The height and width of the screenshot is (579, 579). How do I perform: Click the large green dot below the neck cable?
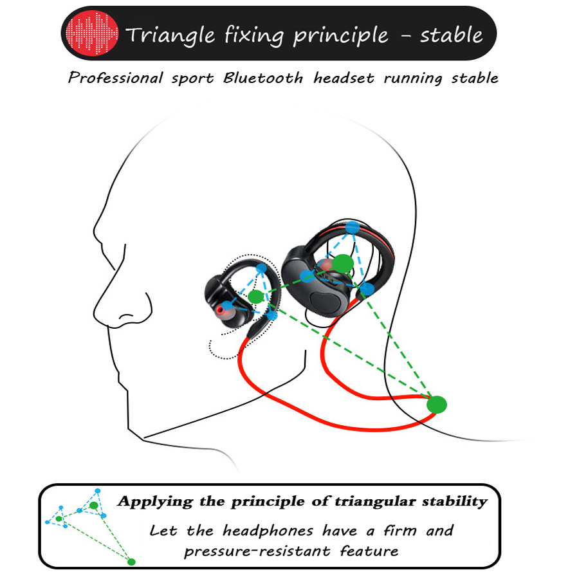pyautogui.click(x=436, y=404)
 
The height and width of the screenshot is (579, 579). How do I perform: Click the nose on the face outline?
pyautogui.click(x=109, y=302)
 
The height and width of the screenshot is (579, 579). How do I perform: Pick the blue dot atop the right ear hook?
pyautogui.click(x=352, y=227)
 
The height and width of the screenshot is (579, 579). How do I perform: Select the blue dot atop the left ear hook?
pyautogui.click(x=261, y=268)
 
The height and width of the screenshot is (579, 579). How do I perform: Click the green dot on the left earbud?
pyautogui.click(x=255, y=297)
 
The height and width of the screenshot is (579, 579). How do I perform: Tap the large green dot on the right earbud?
pyautogui.click(x=344, y=262)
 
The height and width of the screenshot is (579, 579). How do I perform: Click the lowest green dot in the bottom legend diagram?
pyautogui.click(x=131, y=562)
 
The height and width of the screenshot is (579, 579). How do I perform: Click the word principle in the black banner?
pyautogui.click(x=341, y=35)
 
